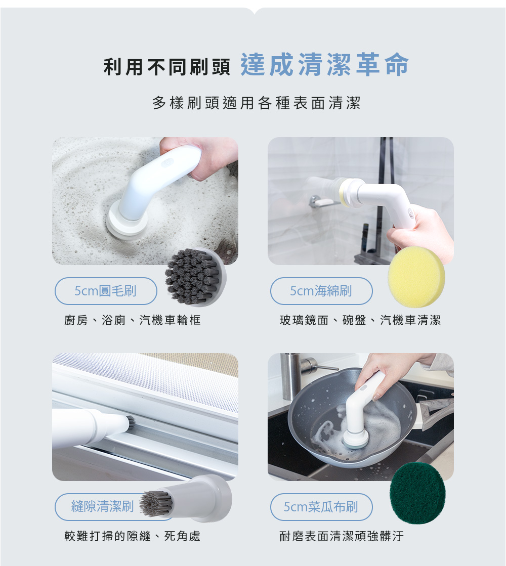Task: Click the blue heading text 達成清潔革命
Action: tap(324, 65)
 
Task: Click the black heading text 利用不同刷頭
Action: tap(167, 67)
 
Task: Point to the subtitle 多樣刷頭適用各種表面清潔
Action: tap(257, 103)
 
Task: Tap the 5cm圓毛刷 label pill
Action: tap(106, 291)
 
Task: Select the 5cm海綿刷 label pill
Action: tap(321, 291)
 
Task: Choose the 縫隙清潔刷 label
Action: tap(103, 506)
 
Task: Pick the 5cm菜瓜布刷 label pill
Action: tap(321, 507)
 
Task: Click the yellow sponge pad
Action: tap(416, 277)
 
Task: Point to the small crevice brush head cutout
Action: tap(186, 499)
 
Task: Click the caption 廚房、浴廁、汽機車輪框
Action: tap(132, 320)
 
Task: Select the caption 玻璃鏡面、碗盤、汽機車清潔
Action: tap(360, 320)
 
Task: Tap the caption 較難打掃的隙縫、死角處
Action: tap(132, 536)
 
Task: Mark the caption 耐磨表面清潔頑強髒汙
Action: tap(342, 536)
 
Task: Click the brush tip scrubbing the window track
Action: tap(130, 422)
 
